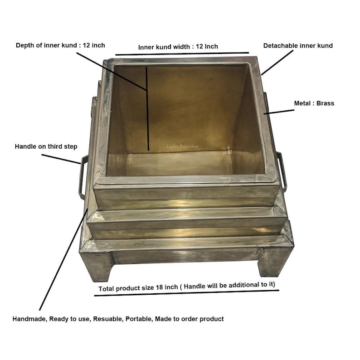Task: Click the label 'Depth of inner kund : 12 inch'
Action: point(60,45)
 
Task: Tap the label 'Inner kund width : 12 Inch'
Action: point(178,46)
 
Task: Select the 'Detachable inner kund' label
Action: point(298,45)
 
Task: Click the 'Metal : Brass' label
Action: point(314,103)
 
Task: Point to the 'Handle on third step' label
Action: point(46,146)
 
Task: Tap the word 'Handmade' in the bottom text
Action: point(28,319)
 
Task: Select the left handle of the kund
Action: point(82,177)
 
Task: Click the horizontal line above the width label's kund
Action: point(181,54)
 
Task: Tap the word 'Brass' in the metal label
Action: point(326,103)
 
